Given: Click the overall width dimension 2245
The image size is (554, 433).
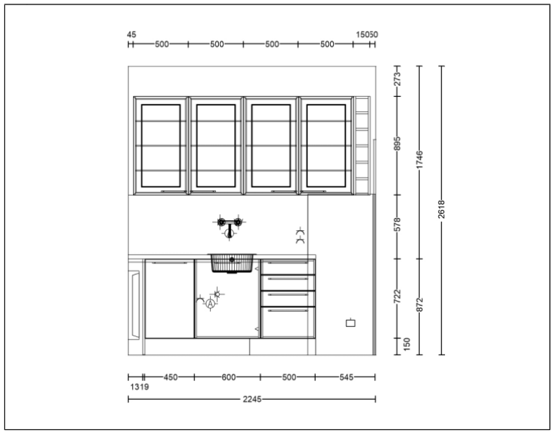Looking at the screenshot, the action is [252, 399].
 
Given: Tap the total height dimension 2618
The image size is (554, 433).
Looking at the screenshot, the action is [441, 209].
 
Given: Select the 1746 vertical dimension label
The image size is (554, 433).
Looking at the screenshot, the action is [420, 159].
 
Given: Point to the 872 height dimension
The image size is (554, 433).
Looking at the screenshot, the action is [420, 305].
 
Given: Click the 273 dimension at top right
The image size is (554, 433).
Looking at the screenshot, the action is [397, 79].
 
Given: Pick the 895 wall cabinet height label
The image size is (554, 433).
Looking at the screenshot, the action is [397, 144].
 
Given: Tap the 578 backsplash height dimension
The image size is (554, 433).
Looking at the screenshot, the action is [397, 224].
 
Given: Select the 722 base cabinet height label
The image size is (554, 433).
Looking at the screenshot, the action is [397, 297].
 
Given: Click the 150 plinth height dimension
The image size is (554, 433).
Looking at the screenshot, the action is [407, 344].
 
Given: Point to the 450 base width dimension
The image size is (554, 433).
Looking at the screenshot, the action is [170, 377].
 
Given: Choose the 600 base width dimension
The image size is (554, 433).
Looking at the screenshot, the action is [228, 377].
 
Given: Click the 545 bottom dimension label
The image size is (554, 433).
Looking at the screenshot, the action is [346, 377].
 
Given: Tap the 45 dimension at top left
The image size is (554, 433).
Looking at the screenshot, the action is [131, 35].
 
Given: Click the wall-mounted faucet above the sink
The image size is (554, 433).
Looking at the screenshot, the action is [229, 226].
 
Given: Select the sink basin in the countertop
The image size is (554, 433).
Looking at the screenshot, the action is [232, 263].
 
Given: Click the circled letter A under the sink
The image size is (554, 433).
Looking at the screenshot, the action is [211, 304].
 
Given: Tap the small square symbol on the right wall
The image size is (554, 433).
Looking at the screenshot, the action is [350, 323].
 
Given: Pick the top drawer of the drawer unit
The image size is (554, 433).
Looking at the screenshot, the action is [288, 267].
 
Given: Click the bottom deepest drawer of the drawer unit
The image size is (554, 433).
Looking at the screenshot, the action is [288, 322].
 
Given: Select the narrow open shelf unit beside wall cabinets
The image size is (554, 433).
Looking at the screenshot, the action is [362, 145].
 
